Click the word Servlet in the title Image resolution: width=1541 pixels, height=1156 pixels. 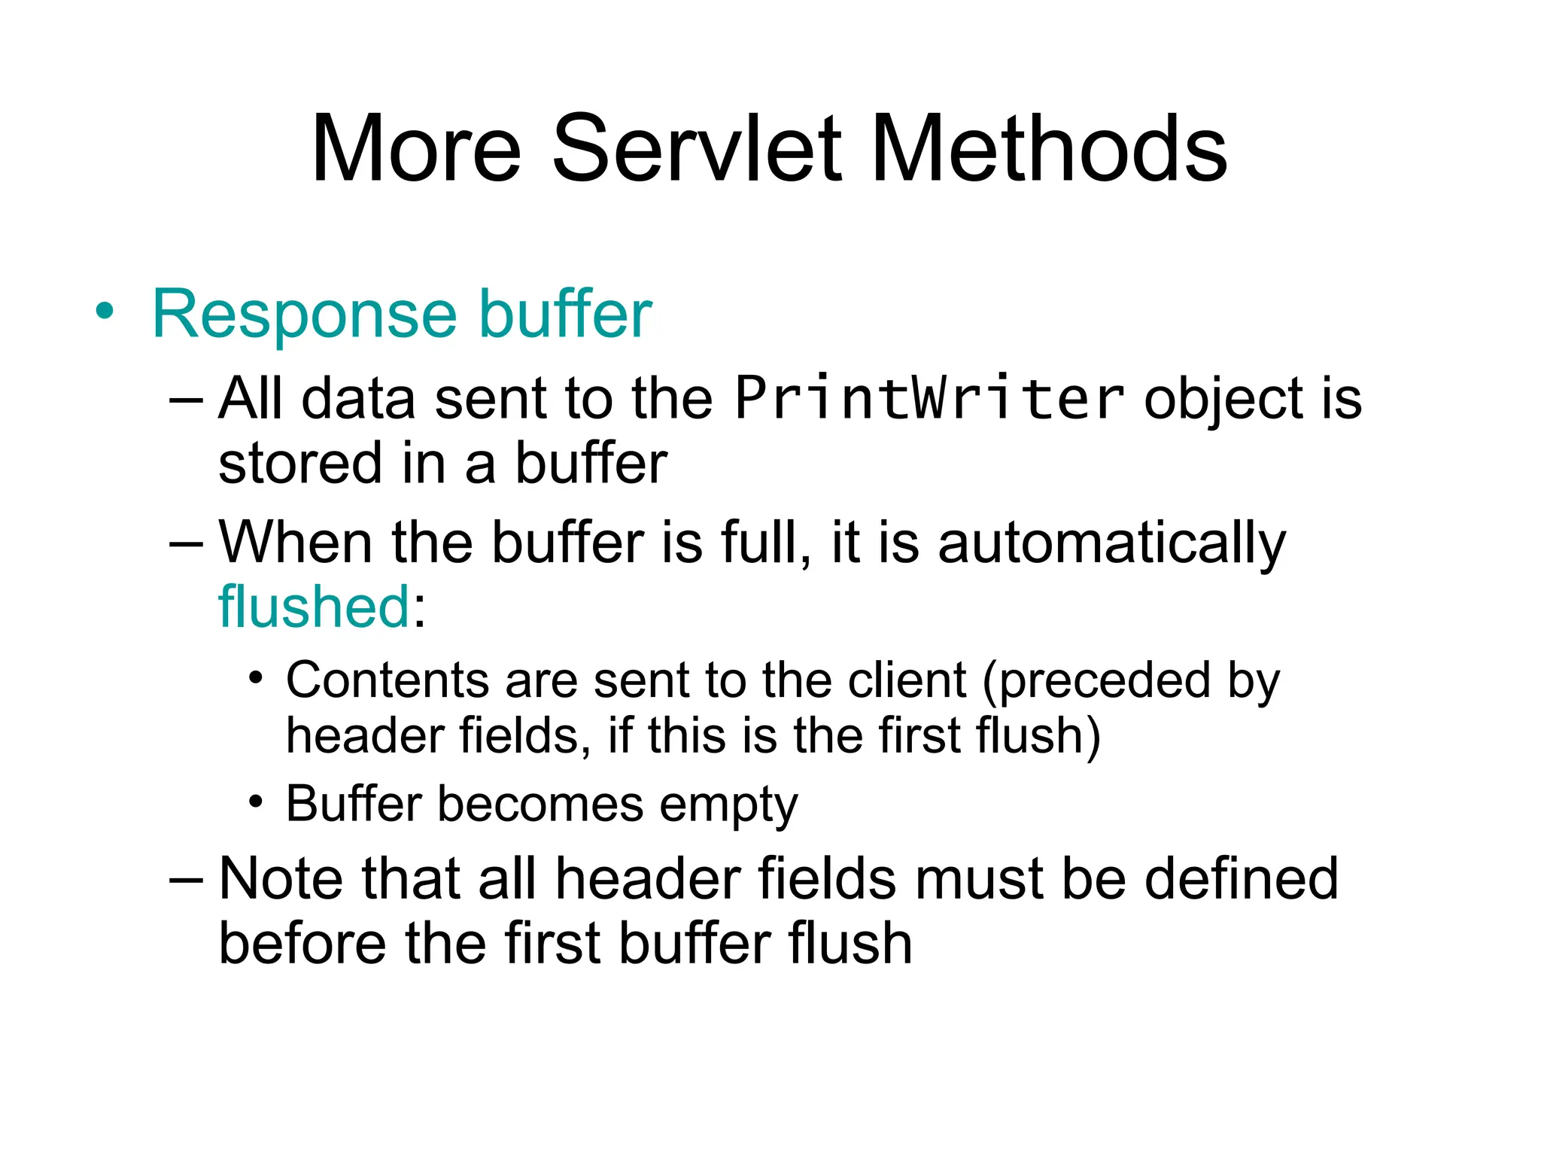tap(697, 148)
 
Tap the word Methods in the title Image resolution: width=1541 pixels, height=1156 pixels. tap(1048, 148)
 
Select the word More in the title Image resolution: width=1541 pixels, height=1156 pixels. tap(416, 148)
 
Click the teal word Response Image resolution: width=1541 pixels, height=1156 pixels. tap(304, 315)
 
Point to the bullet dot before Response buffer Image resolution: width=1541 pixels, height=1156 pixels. tap(105, 312)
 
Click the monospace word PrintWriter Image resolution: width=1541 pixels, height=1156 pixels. tap(929, 398)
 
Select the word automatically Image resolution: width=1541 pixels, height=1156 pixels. tap(1111, 543)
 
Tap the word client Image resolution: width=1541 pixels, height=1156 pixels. tap(907, 681)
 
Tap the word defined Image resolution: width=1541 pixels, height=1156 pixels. tap(1241, 878)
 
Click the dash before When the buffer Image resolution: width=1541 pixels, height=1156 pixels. tap(185, 543)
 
